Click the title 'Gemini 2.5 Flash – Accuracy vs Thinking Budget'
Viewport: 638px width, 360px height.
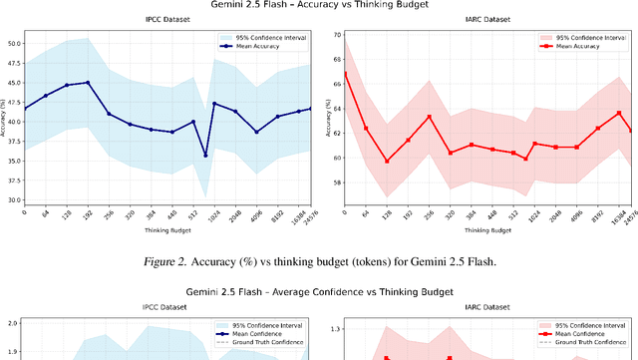[x=318, y=6]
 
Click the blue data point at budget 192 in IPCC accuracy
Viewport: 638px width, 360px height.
[x=88, y=83]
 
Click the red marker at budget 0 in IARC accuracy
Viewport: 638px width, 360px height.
[x=344, y=73]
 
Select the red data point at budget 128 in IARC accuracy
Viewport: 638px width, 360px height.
[x=387, y=161]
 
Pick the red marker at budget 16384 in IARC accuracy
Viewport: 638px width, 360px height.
[x=619, y=113]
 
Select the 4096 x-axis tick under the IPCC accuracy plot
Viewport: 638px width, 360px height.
[x=256, y=215]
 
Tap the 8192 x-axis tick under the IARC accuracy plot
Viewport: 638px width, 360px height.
[x=596, y=215]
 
